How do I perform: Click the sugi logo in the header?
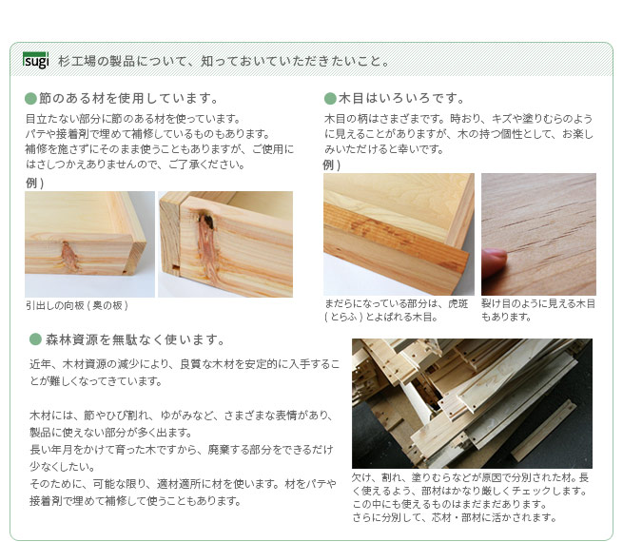pos(36,60)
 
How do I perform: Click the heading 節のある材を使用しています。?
pos(128,98)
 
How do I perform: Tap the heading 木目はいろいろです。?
pos(401,98)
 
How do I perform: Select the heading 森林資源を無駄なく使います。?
pos(135,339)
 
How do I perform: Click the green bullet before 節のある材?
pos(30,99)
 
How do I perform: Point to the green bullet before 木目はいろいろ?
pos(330,99)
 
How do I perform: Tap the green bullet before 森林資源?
pos(35,339)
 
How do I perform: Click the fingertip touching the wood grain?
pos(494,262)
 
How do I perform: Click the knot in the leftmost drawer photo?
pos(69,256)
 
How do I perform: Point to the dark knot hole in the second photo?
pos(207,221)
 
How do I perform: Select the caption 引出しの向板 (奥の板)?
pos(77,305)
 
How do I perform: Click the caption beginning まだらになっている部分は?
pos(396,310)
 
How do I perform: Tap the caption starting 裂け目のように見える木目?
pos(538,310)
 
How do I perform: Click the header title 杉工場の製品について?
pos(224,61)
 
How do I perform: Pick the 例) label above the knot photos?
pos(34,183)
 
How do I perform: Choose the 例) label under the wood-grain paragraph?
pos(332,165)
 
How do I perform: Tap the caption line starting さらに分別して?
pos(454,517)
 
